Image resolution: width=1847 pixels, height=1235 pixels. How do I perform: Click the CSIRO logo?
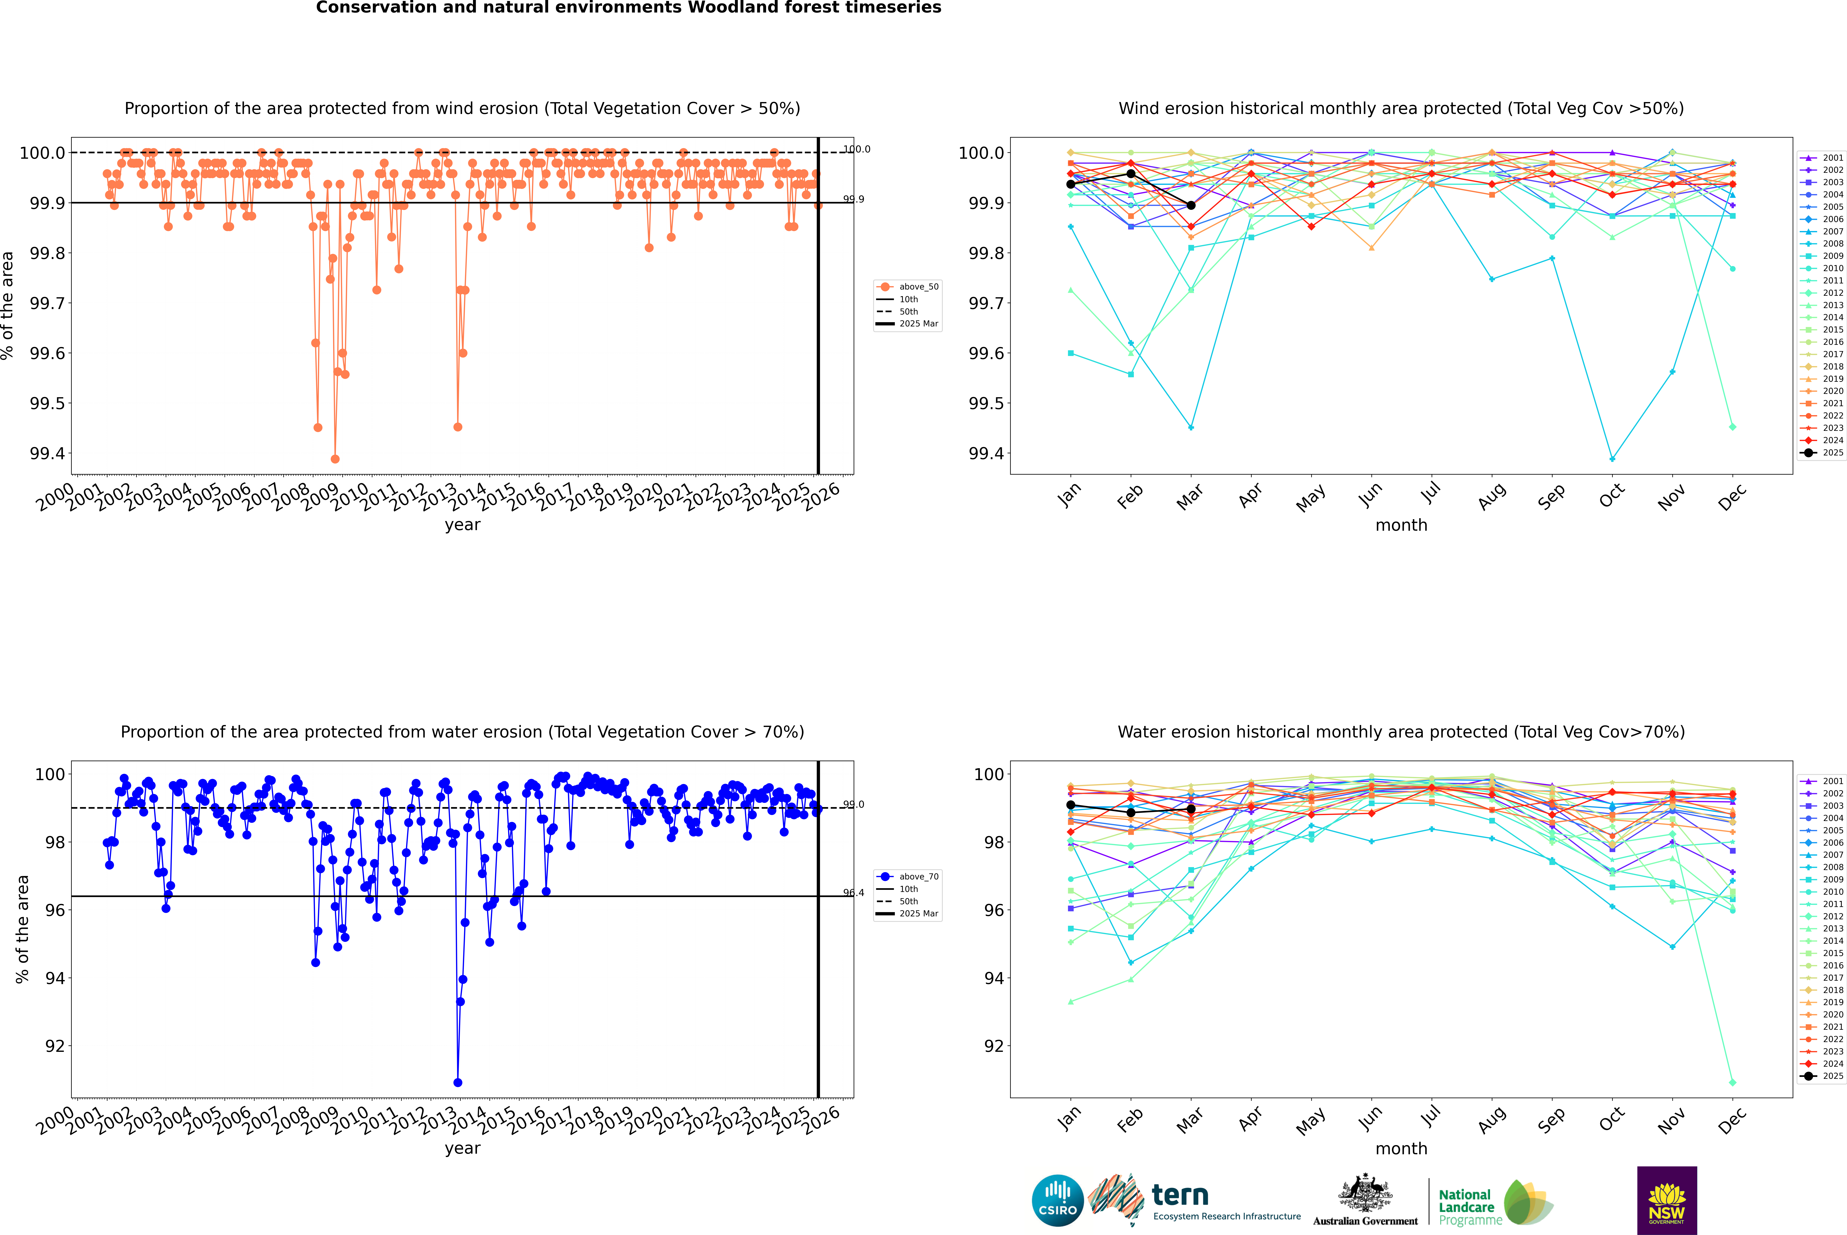click(1057, 1200)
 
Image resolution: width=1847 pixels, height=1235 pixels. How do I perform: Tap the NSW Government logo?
click(1667, 1200)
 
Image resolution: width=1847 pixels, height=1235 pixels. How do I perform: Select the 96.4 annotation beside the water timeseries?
click(853, 893)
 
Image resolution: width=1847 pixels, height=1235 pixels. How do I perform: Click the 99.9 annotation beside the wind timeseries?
click(853, 199)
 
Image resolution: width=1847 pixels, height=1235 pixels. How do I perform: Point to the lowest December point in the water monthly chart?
click(1732, 1082)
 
